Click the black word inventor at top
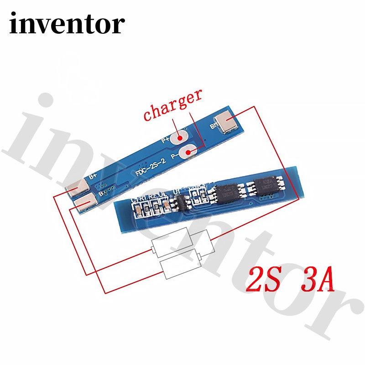point(67,24)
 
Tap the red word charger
point(173,106)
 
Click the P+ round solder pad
point(181,136)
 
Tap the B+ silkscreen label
point(93,175)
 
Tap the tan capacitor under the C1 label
point(137,211)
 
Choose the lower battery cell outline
point(180,265)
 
